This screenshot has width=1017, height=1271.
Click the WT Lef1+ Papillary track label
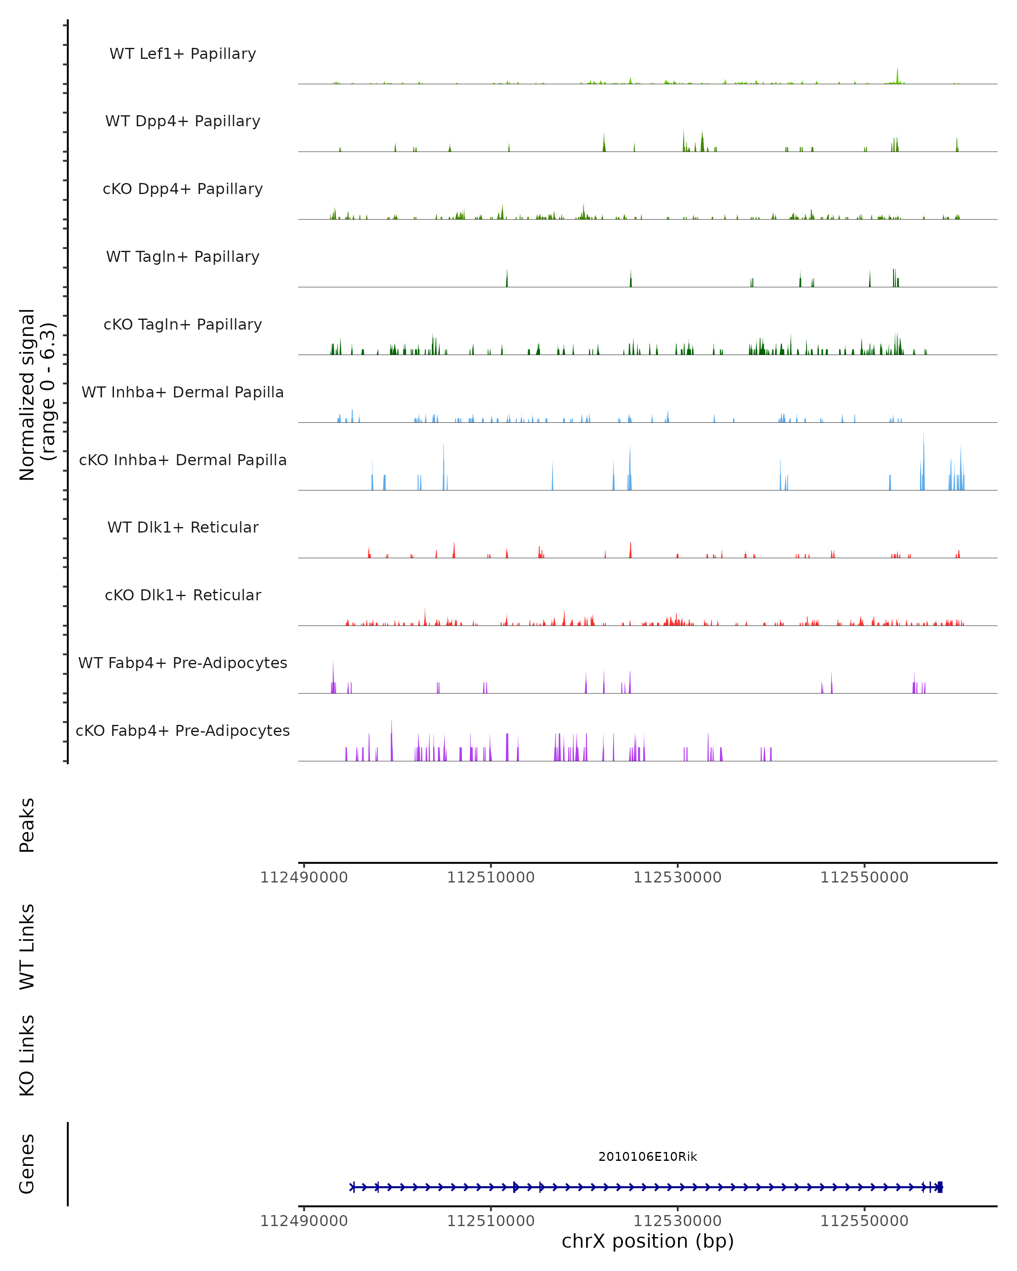pyautogui.click(x=183, y=54)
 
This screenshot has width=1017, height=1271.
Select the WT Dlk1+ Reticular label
pyautogui.click(x=183, y=527)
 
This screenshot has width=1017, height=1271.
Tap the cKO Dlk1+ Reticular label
pyautogui.click(x=183, y=595)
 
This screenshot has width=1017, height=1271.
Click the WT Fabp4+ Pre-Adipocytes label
pyautogui.click(x=183, y=663)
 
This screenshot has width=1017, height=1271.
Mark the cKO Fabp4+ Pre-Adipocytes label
pyautogui.click(x=183, y=730)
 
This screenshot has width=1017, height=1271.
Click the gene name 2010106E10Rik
pyautogui.click(x=647, y=1157)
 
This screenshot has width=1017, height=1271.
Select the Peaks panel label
pyautogui.click(x=27, y=825)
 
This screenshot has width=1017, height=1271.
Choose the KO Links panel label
pyautogui.click(x=27, y=1055)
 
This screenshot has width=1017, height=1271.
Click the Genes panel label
pyautogui.click(x=27, y=1164)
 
